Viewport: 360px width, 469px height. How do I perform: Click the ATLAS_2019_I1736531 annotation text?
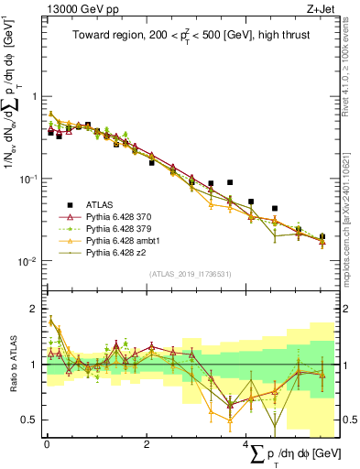191,274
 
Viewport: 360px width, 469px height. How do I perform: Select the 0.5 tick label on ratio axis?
32,420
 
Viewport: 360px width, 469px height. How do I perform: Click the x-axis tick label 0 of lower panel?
47,444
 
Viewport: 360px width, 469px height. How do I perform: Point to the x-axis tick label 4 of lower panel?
246,444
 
